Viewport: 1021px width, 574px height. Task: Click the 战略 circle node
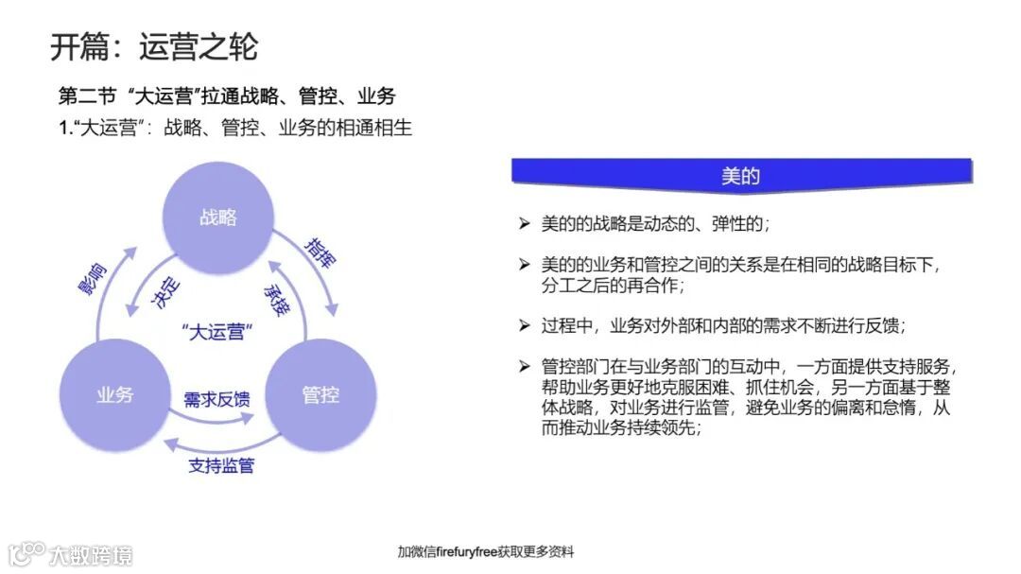pos(218,217)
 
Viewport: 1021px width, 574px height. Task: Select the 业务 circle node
pos(114,394)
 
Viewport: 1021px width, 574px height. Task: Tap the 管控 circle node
pos(320,394)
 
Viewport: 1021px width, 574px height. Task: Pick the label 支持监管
pos(221,465)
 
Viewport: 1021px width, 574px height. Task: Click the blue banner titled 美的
pos(741,176)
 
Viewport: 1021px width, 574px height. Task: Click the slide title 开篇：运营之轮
pos(154,46)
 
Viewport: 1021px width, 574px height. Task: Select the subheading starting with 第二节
pos(227,96)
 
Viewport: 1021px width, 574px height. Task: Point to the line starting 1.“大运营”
pos(235,128)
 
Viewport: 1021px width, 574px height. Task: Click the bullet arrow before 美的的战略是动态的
pos(524,224)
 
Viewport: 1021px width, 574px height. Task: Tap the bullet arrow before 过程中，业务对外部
pos(524,325)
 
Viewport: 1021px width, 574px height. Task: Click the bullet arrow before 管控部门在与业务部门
pos(524,366)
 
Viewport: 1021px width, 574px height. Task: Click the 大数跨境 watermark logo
pos(71,553)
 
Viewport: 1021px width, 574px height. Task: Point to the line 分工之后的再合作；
pos(612,285)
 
